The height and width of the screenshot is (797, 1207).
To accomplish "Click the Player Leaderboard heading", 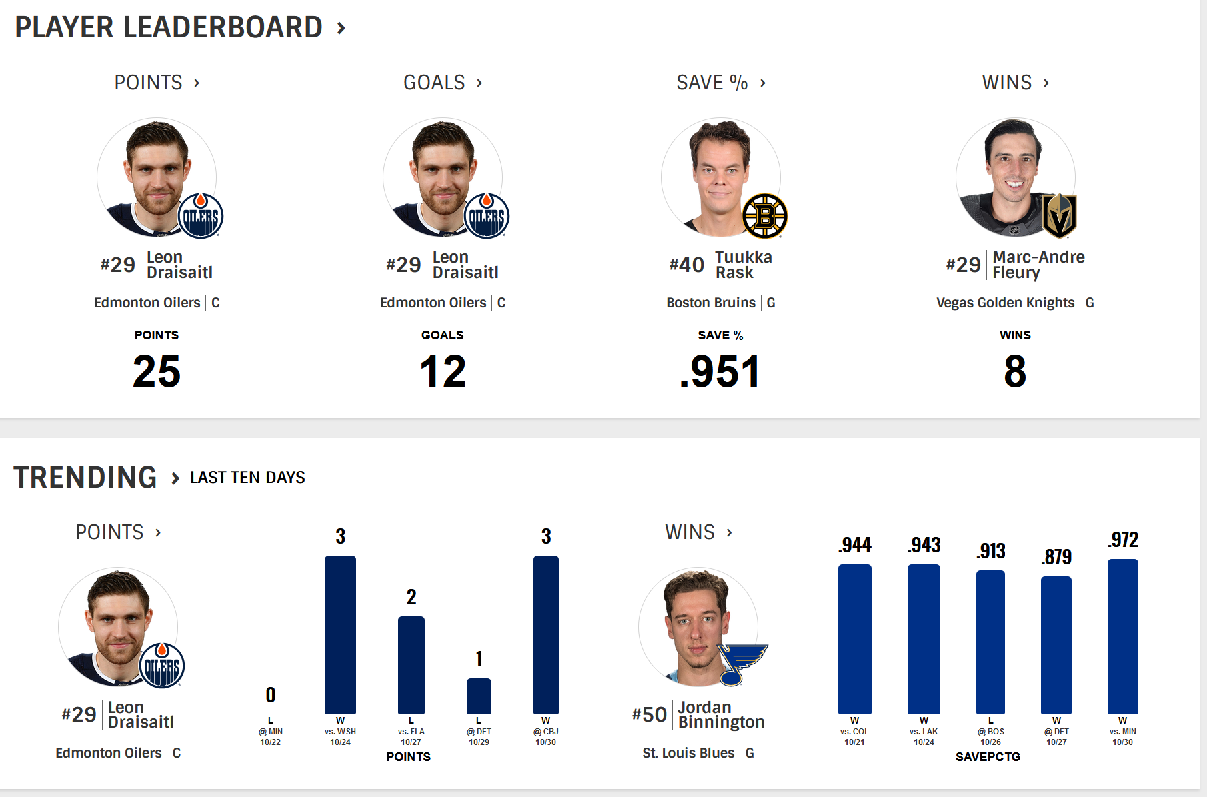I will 169,27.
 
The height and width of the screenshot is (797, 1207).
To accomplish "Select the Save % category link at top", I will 712,83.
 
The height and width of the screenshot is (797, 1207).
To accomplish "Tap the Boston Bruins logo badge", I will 765,216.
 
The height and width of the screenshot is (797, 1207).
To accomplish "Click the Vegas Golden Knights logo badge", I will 1059,215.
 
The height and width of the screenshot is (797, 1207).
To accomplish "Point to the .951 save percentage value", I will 720,371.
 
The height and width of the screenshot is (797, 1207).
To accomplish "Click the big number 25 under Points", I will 157,371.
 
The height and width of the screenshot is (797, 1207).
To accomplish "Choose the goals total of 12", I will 443,371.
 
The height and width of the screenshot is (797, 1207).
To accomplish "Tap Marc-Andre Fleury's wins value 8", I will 1015,371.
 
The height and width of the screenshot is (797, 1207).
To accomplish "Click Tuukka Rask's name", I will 743,265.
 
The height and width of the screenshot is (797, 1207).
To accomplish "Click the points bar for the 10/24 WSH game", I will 340,634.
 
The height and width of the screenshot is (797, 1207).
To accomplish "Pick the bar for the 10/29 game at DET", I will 479,696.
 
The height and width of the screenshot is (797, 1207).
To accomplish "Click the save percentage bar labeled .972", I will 1122,636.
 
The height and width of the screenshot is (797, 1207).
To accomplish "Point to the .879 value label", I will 1057,557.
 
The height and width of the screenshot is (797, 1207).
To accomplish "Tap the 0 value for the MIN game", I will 271,695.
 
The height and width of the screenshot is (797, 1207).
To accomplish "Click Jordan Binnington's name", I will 721,715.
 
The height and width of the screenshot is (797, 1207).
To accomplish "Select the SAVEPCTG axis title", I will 988,757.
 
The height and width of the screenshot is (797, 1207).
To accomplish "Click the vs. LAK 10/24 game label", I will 924,736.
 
